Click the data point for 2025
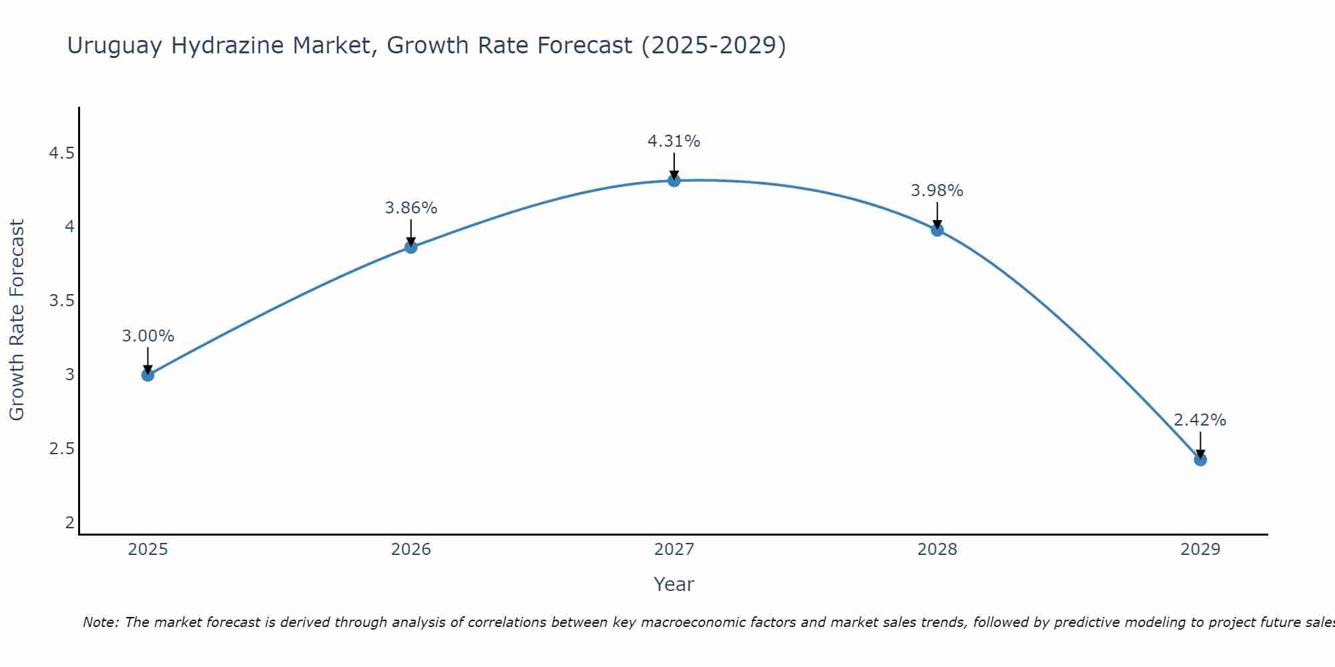pyautogui.click(x=148, y=375)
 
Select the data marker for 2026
pyautogui.click(x=411, y=247)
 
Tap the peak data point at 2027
pyautogui.click(x=674, y=181)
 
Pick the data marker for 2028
pyautogui.click(x=937, y=230)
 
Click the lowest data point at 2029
pyautogui.click(x=1199, y=460)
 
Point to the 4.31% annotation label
pyautogui.click(x=674, y=141)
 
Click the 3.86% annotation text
pyautogui.click(x=411, y=208)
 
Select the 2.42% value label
pyautogui.click(x=1199, y=420)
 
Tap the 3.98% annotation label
pyautogui.click(x=937, y=191)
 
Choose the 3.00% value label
pyautogui.click(x=148, y=336)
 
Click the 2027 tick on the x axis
pyautogui.click(x=674, y=550)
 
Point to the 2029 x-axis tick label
pyautogui.click(x=1199, y=550)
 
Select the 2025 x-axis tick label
pyautogui.click(x=148, y=550)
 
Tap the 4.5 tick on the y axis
pyautogui.click(x=61, y=154)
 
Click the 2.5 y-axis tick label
pyautogui.click(x=61, y=449)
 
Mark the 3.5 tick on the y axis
pyautogui.click(x=61, y=301)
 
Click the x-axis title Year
pyautogui.click(x=674, y=584)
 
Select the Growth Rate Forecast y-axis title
pyautogui.click(x=17, y=320)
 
